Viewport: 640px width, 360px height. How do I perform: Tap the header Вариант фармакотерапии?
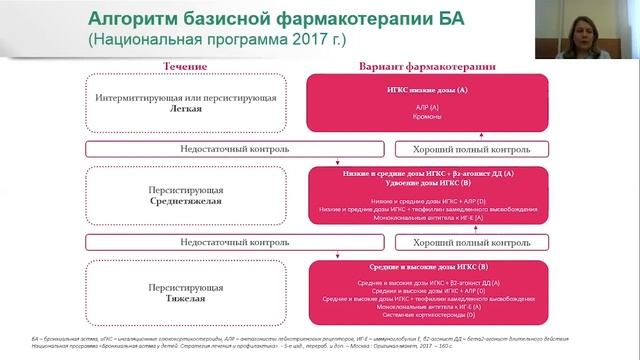(x=427, y=65)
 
